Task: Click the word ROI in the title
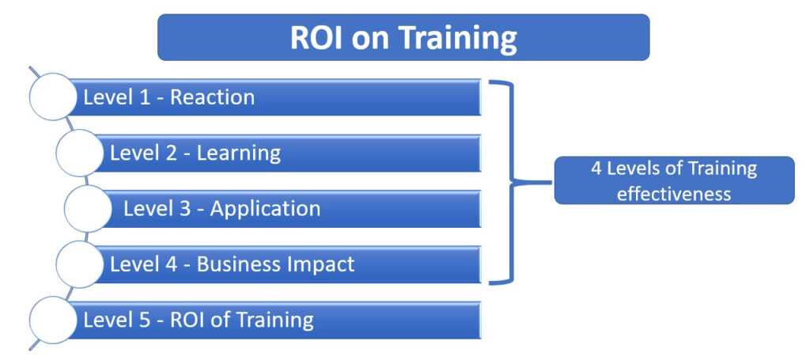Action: pyautogui.click(x=316, y=38)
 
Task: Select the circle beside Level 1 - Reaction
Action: pyautogui.click(x=53, y=97)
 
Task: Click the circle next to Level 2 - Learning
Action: pyautogui.click(x=80, y=153)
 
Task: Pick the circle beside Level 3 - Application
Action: pyautogui.click(x=88, y=209)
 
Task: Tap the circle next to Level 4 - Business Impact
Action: pyautogui.click(x=80, y=264)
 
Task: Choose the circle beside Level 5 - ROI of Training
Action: pyautogui.click(x=53, y=320)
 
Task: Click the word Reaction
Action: pyautogui.click(x=212, y=97)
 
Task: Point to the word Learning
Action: pyautogui.click(x=239, y=153)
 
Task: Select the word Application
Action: pyautogui.click(x=265, y=209)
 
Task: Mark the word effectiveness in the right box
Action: pyautogui.click(x=674, y=194)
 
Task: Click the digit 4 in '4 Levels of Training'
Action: pyautogui.click(x=596, y=169)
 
